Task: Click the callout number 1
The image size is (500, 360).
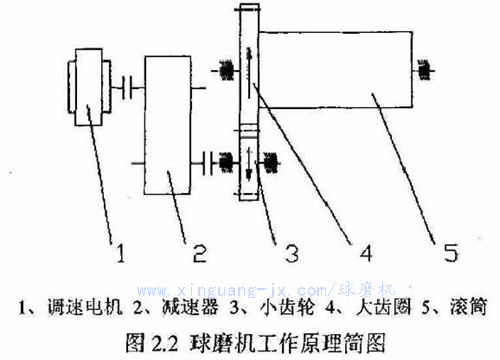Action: click(x=121, y=253)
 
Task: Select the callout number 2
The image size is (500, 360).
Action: click(x=200, y=253)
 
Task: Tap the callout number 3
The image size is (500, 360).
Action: click(x=292, y=253)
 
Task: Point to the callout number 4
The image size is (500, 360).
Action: click(x=366, y=253)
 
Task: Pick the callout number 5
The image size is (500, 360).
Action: click(x=451, y=252)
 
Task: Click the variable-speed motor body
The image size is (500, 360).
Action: click(x=89, y=87)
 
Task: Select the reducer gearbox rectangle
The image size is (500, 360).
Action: click(x=167, y=125)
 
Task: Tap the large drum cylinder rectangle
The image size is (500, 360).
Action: click(x=336, y=70)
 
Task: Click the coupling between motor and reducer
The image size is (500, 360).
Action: click(x=127, y=88)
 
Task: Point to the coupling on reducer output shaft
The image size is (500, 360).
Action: click(x=208, y=163)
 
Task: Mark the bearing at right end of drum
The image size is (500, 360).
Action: click(x=424, y=70)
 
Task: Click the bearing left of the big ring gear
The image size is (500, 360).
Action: click(x=226, y=70)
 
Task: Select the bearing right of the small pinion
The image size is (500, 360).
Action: click(x=270, y=163)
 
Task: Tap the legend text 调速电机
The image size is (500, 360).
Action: click(x=85, y=307)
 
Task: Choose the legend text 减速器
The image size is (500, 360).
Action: click(x=190, y=307)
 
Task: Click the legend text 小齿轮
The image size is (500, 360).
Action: click(x=287, y=307)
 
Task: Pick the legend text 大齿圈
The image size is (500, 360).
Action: click(x=383, y=307)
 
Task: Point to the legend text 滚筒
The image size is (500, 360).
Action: click(x=468, y=307)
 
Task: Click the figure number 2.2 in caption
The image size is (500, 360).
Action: click(x=165, y=343)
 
